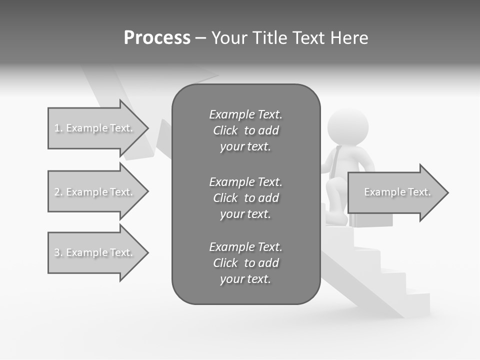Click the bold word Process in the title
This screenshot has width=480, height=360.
pos(157,38)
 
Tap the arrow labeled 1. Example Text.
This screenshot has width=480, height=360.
pos(95,128)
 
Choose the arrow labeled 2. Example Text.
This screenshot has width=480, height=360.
pos(95,192)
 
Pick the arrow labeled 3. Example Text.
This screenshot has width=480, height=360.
pos(95,252)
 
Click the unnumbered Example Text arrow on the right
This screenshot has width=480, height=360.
pos(397,192)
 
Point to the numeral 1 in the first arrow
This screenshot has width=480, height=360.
pos(57,128)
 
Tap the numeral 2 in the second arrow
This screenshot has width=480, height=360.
pos(57,192)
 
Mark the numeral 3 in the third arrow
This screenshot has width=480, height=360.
pos(57,252)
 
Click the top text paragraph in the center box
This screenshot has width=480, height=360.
pos(245,130)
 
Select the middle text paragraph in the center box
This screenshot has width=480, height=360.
pos(245,198)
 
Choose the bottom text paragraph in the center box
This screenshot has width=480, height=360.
pos(245,263)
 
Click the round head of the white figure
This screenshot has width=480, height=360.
pos(348,127)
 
